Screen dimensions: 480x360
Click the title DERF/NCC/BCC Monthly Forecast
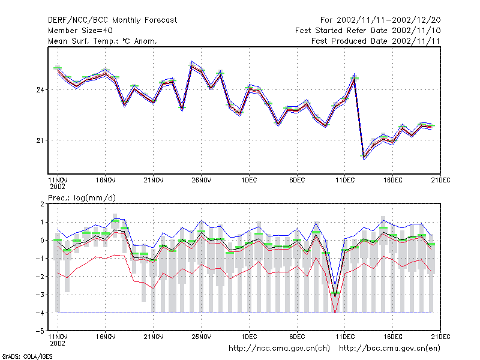(112, 20)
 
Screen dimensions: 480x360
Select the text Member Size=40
(80, 31)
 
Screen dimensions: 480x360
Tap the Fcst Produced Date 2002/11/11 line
(376, 41)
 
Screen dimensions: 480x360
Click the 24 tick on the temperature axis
(40, 90)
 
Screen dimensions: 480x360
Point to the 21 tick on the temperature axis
(40, 140)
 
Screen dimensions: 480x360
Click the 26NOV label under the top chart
(202, 181)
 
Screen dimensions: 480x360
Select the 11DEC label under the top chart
(345, 181)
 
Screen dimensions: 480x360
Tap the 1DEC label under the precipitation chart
(249, 337)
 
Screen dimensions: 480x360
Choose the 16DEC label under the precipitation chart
(393, 337)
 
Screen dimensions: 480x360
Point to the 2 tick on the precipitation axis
(42, 204)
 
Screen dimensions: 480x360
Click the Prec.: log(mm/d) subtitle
(82, 198)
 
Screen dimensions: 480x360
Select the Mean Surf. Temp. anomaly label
(103, 41)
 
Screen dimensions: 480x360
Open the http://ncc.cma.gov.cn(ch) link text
(280, 349)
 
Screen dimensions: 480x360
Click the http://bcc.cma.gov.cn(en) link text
(389, 349)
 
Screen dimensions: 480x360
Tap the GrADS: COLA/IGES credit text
(27, 356)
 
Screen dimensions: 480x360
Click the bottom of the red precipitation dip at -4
(335, 312)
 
